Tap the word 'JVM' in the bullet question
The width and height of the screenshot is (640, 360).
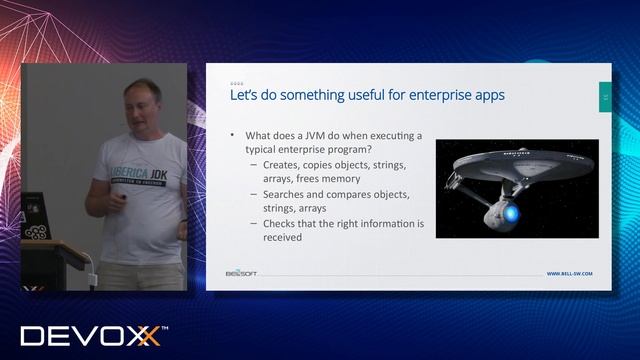click(317, 135)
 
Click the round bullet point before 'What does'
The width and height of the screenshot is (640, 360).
click(232, 135)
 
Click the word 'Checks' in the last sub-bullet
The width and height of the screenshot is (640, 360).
click(281, 223)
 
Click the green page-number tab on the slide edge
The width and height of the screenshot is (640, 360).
click(604, 96)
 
